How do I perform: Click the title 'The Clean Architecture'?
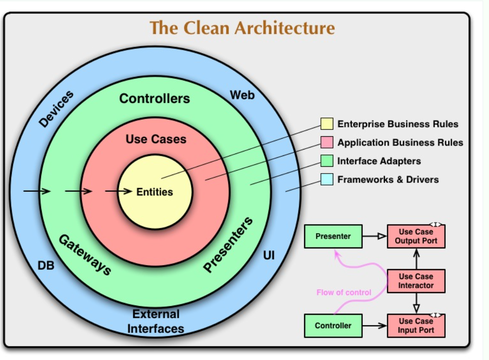(x=242, y=28)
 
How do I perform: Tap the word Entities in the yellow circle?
(x=155, y=192)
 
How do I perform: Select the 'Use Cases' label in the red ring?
(x=156, y=139)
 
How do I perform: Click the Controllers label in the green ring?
(x=154, y=98)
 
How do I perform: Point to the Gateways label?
(x=85, y=255)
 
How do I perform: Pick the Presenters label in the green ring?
(x=228, y=244)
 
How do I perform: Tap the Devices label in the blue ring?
(x=56, y=109)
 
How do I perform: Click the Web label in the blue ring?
(x=242, y=95)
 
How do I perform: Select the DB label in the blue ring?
(x=46, y=266)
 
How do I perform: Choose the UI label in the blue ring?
(x=269, y=256)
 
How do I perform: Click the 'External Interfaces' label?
(x=156, y=321)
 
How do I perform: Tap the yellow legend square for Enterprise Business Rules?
(x=327, y=123)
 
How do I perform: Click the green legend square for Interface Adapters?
(x=327, y=161)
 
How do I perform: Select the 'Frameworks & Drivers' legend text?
(x=388, y=180)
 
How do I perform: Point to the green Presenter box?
(x=333, y=236)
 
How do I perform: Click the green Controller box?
(x=333, y=326)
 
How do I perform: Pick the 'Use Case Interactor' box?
(x=416, y=281)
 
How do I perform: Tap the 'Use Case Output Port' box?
(x=416, y=236)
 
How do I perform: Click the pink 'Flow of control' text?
(x=344, y=292)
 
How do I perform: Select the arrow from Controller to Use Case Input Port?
(x=374, y=326)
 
